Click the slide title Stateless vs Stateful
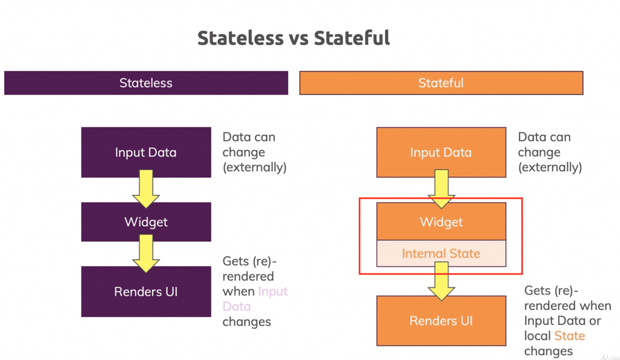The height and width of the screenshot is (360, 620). (294, 38)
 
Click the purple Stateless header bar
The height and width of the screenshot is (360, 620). (146, 83)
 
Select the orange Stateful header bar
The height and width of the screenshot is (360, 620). (441, 83)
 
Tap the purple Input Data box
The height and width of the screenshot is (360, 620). (146, 152)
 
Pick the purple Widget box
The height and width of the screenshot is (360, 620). (146, 222)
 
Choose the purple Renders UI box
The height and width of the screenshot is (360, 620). (146, 292)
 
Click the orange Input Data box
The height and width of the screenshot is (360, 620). (441, 152)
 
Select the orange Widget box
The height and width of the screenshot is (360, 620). (441, 221)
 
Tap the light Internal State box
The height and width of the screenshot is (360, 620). (441, 254)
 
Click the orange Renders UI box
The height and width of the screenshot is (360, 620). (441, 321)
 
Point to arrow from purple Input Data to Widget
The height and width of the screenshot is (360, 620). (146, 189)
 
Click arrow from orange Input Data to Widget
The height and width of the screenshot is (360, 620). (441, 189)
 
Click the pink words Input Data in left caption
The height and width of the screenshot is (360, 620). (255, 299)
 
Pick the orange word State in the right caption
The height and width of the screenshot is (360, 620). (570, 336)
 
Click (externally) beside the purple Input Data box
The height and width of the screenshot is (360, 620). (254, 168)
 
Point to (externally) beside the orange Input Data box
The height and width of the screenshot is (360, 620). (550, 168)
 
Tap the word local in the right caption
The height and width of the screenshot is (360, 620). (538, 336)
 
